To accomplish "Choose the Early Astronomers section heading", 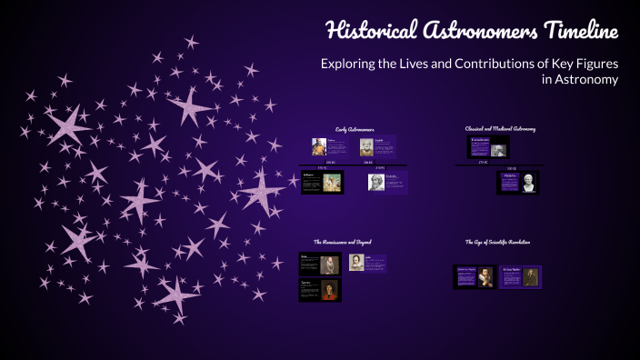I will [x=355, y=130].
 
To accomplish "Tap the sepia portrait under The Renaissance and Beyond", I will [x=356, y=263].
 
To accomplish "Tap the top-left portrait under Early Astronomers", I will [x=319, y=147].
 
